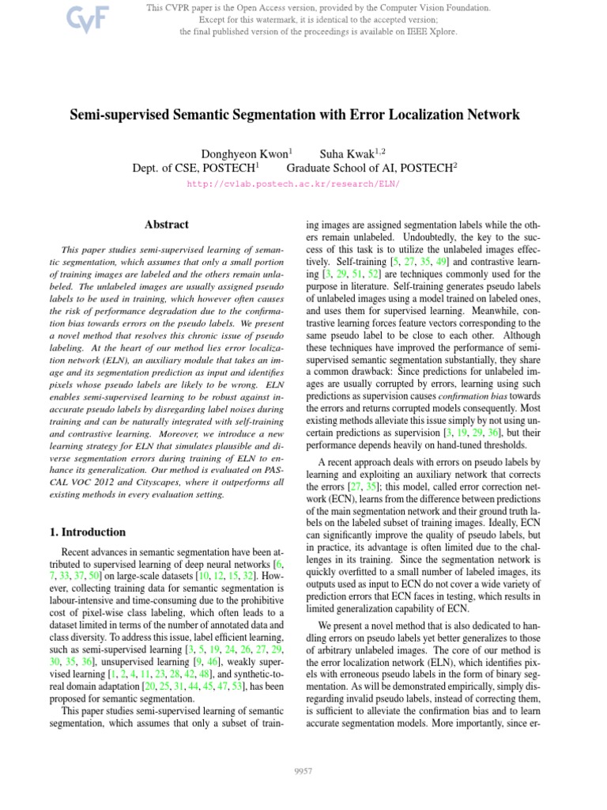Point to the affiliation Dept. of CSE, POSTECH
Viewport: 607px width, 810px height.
[194, 167]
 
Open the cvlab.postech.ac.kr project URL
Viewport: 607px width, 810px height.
[293, 184]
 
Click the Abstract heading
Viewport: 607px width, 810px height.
[167, 225]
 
